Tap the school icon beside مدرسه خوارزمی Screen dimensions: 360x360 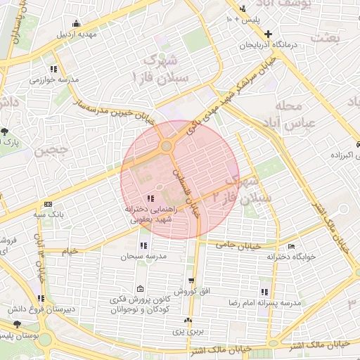pyautogui.click(x=53, y=69)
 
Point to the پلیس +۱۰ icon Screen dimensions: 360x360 pyautogui.click(x=243, y=9)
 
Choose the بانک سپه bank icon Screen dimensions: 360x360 pyautogui.click(x=47, y=202)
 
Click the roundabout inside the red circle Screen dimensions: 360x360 pyautogui.click(x=167, y=146)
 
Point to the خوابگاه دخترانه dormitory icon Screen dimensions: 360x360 pyautogui.click(x=292, y=247)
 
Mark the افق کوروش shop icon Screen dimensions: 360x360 pyautogui.click(x=189, y=279)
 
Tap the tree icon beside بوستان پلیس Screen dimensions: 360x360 pyautogui.click(x=17, y=324)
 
